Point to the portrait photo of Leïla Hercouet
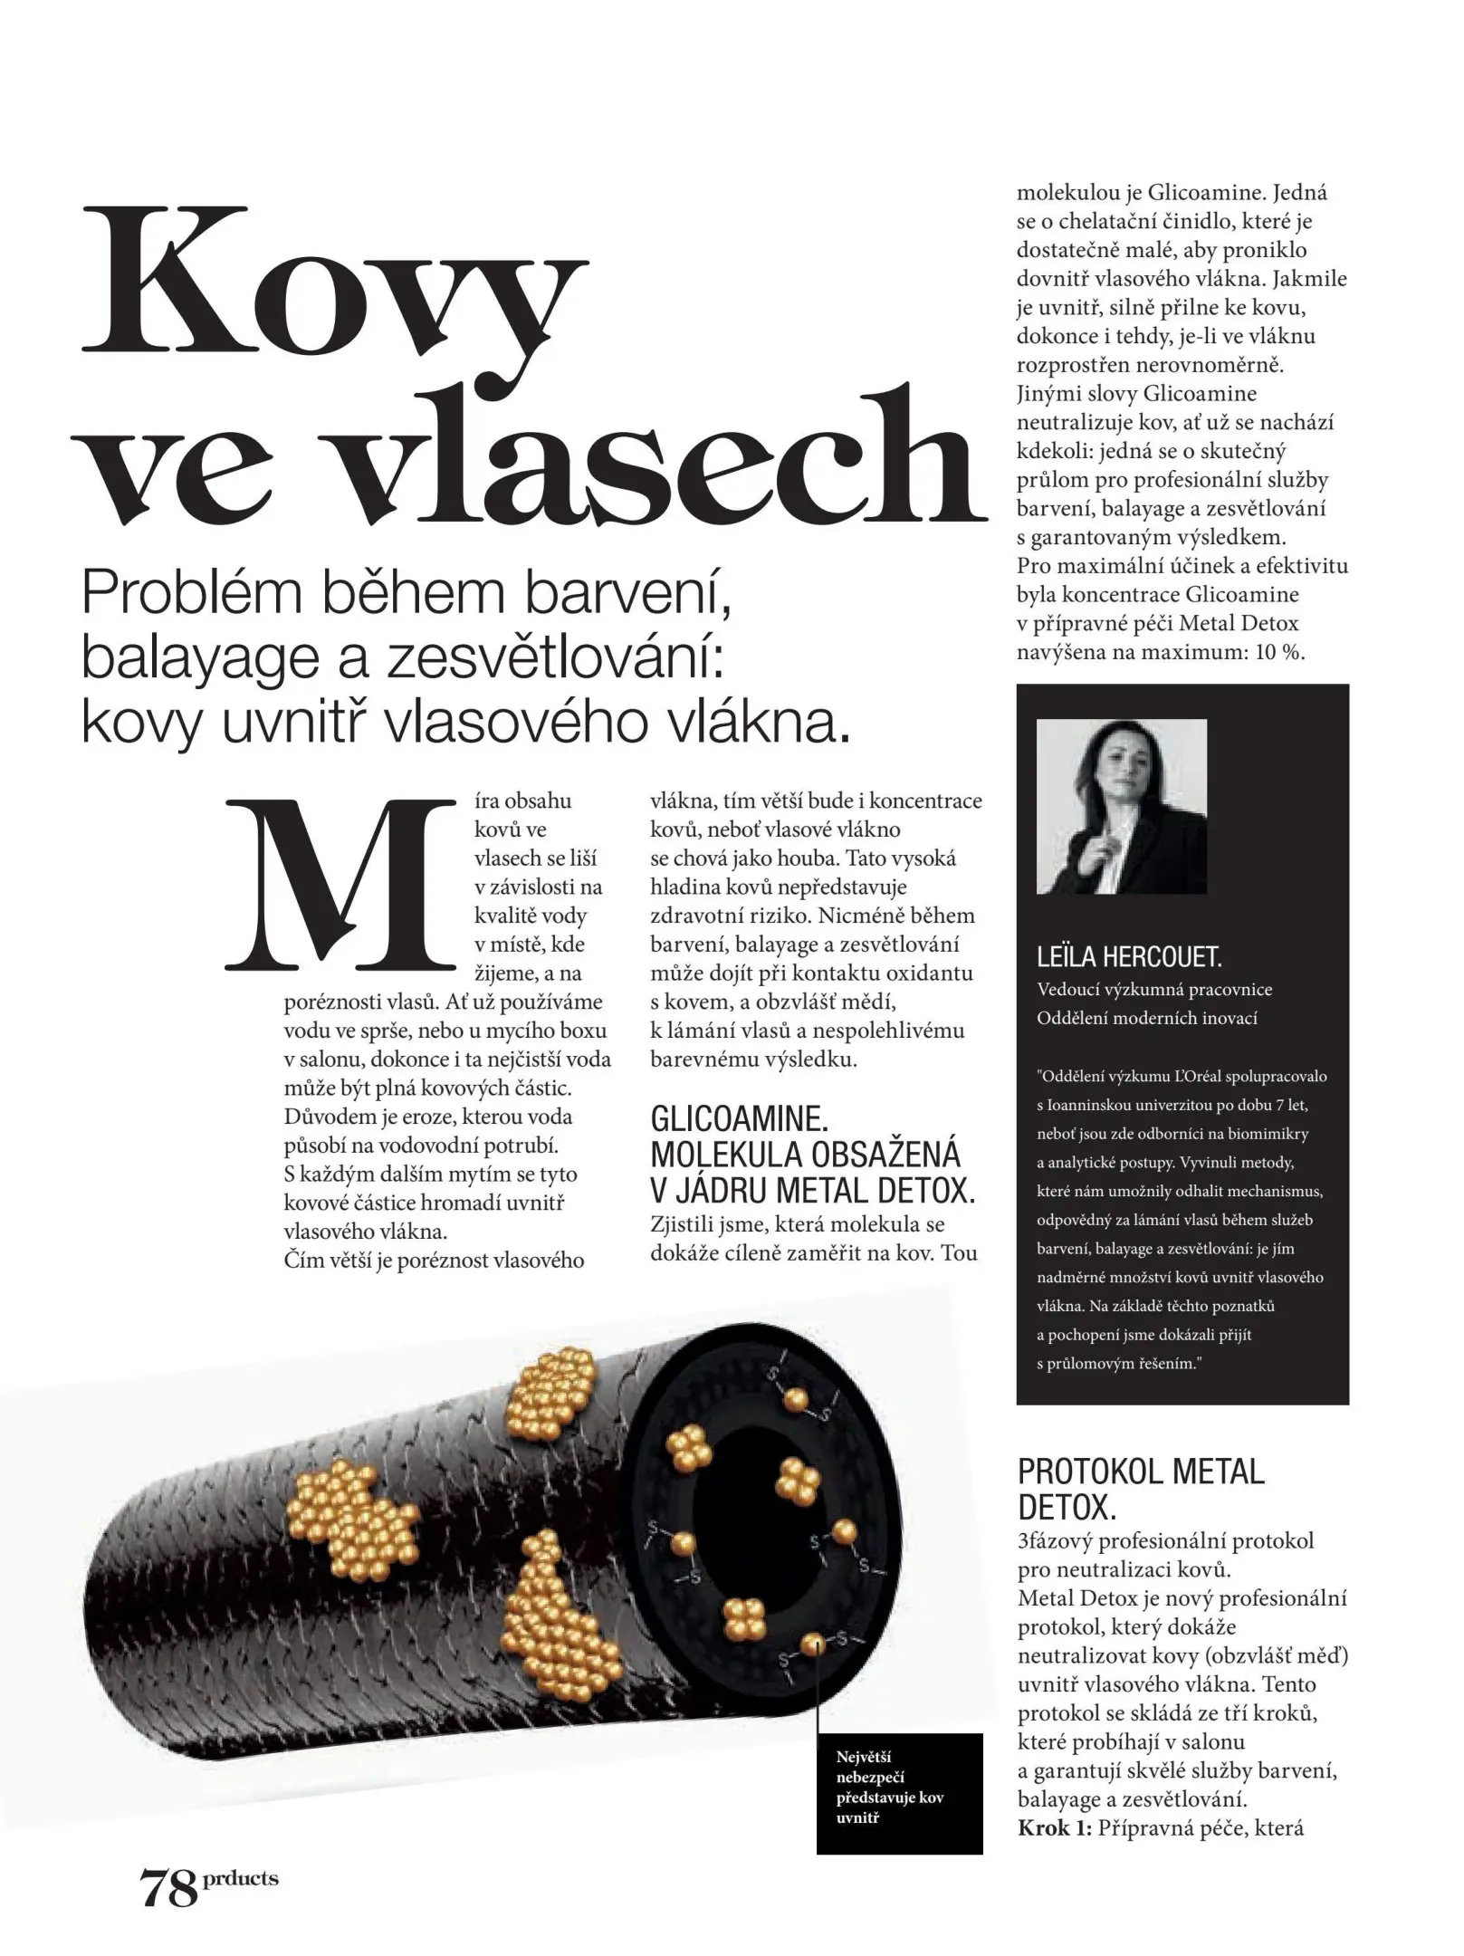point(1121,806)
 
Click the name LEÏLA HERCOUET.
point(1129,956)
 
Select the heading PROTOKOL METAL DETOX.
point(1141,1489)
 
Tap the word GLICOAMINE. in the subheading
point(740,1119)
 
